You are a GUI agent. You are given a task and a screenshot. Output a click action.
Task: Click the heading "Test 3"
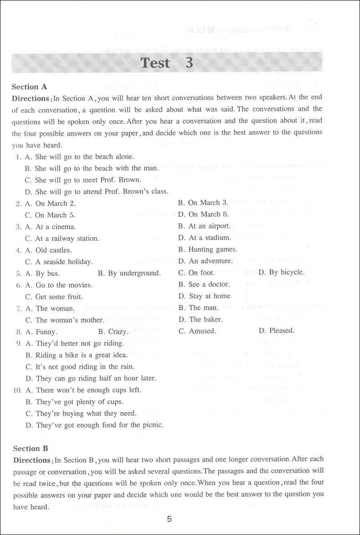click(167, 63)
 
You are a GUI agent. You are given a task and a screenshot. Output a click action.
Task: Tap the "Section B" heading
click(31, 448)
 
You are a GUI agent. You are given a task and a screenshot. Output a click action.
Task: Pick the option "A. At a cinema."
click(50, 227)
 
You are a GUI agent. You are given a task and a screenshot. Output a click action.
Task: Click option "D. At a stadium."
click(204, 238)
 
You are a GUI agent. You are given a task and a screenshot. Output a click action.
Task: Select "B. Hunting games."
click(207, 250)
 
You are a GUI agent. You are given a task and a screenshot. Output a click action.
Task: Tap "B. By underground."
click(129, 273)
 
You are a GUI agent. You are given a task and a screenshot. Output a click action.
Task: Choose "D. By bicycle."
click(281, 272)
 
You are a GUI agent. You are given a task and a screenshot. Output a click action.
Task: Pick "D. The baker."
click(200, 320)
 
